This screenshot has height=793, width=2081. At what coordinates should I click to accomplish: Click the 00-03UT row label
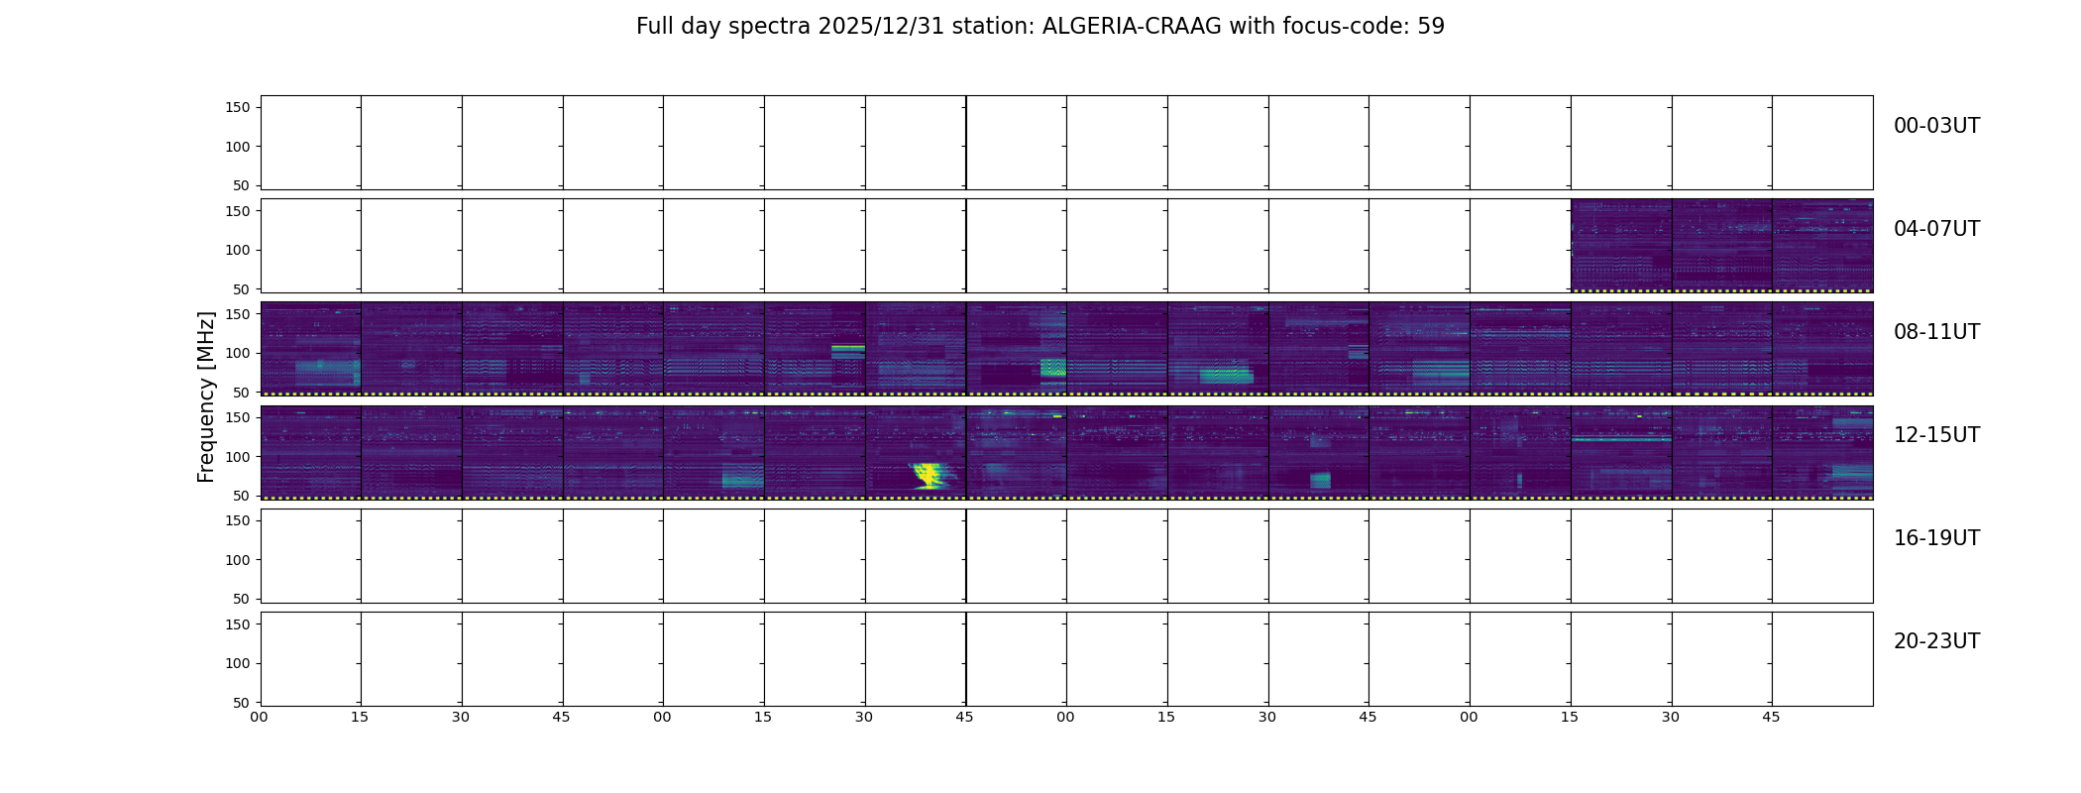(x=1936, y=126)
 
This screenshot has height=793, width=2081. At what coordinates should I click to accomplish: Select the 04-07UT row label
(x=1936, y=229)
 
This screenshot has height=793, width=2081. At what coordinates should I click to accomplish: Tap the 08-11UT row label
(x=1936, y=332)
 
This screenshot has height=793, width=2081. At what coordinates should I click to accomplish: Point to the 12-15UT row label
(x=1936, y=435)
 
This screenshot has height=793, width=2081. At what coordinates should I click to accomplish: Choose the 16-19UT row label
(x=1936, y=538)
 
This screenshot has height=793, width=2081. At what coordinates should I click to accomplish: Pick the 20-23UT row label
(x=1936, y=641)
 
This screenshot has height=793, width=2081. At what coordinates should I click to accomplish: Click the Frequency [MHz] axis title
(x=206, y=396)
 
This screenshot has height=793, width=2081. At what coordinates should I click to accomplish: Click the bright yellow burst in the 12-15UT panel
(x=930, y=475)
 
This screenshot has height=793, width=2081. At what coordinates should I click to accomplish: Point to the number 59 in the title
(x=1431, y=26)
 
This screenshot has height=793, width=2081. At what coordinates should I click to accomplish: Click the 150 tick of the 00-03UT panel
(x=238, y=107)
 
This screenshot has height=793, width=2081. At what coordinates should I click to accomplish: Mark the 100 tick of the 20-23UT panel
(x=238, y=663)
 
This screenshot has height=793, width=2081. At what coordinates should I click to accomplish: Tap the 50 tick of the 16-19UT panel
(x=242, y=599)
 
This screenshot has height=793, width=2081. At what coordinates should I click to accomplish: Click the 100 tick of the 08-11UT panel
(x=238, y=353)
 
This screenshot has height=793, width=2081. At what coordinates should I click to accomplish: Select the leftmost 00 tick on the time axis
(x=259, y=717)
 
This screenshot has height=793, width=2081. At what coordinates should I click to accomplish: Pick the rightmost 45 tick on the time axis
(x=1771, y=717)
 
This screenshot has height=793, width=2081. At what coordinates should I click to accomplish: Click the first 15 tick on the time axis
(x=360, y=717)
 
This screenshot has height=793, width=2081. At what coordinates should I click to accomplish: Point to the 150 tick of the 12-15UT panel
(x=238, y=417)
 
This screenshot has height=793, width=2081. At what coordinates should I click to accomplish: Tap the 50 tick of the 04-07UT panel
(x=242, y=289)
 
